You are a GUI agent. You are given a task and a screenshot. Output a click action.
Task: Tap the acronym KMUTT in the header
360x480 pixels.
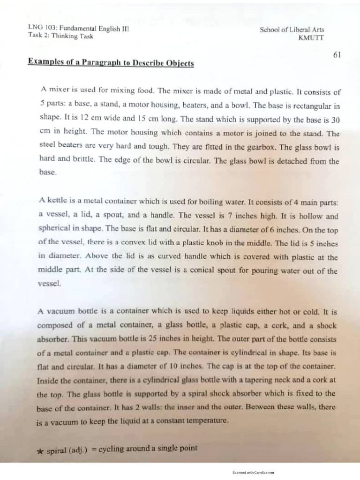pyautogui.click(x=311, y=38)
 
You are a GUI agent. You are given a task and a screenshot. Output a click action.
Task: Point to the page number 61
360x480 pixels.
pyautogui.click(x=337, y=54)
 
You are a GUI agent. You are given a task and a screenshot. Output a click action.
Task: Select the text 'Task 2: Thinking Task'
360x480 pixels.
pyautogui.click(x=60, y=36)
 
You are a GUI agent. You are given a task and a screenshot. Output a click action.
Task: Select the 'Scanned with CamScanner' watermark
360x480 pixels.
pyautogui.click(x=253, y=472)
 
